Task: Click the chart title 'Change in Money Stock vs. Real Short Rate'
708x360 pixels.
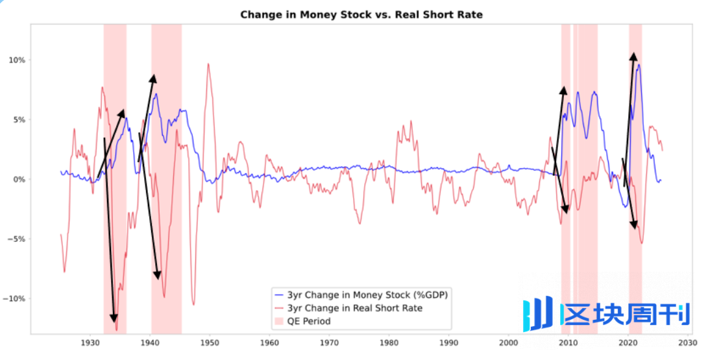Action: (x=361, y=14)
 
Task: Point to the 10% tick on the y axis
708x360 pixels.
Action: (x=16, y=60)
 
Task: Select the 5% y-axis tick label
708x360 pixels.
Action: (x=18, y=120)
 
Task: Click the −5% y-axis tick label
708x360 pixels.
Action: (x=16, y=239)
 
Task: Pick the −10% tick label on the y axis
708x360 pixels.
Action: (x=14, y=299)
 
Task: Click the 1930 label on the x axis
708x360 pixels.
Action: (x=90, y=342)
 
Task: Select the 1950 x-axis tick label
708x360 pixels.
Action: (x=210, y=342)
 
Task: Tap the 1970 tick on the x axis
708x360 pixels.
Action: (x=329, y=342)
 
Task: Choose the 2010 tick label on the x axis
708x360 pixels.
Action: (x=568, y=342)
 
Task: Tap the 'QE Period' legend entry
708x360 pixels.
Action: (x=309, y=321)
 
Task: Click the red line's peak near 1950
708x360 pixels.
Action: (x=208, y=64)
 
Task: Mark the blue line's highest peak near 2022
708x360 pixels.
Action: (x=639, y=64)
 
